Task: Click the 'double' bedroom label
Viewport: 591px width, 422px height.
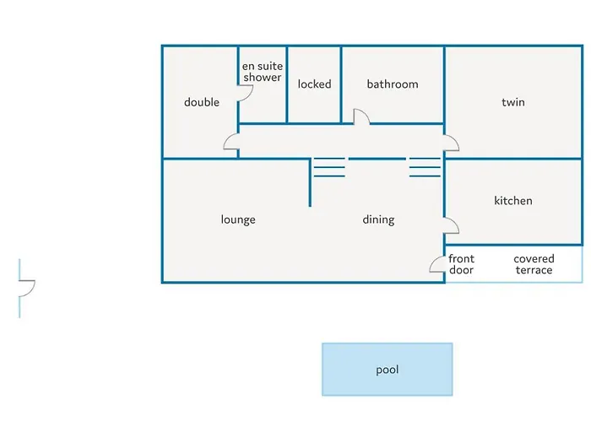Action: point(202,102)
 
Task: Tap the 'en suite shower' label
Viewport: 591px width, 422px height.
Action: point(263,72)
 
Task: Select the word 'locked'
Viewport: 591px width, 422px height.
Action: point(314,84)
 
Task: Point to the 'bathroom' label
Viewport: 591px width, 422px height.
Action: point(393,84)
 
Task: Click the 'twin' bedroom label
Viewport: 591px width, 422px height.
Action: point(513,102)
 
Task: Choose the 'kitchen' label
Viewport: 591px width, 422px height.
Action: point(513,201)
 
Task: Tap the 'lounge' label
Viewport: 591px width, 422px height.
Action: point(238,219)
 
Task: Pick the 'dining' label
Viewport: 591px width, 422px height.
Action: point(378,219)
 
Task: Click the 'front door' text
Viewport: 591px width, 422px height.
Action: point(461,264)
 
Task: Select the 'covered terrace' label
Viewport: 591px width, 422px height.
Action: point(534,264)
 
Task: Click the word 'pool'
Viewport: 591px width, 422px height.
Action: point(387,370)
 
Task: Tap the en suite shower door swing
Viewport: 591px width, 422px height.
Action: point(250,95)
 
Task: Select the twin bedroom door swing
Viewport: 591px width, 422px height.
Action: point(455,141)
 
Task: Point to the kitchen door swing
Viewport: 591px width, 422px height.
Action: point(455,224)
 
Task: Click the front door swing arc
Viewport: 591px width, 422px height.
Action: point(433,262)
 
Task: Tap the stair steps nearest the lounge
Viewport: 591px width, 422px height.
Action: point(329,167)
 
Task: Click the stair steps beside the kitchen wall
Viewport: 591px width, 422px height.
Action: point(425,167)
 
